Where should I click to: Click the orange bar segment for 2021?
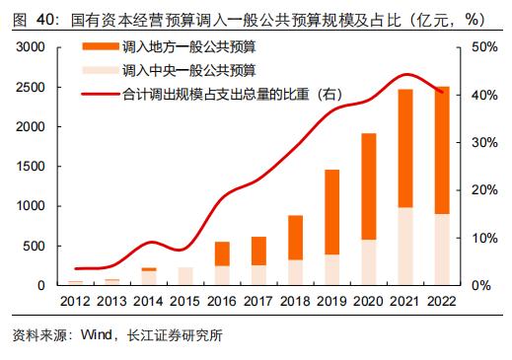tap(405, 148)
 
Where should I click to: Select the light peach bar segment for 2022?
tap(443, 250)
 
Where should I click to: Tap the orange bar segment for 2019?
tap(332, 212)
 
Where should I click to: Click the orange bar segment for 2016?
tap(222, 253)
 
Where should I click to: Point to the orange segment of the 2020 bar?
tap(369, 186)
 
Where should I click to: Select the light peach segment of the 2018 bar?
tap(295, 272)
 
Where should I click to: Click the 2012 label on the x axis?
tap(75, 301)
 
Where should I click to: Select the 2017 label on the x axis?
tap(258, 301)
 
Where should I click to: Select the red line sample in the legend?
tap(99, 94)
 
